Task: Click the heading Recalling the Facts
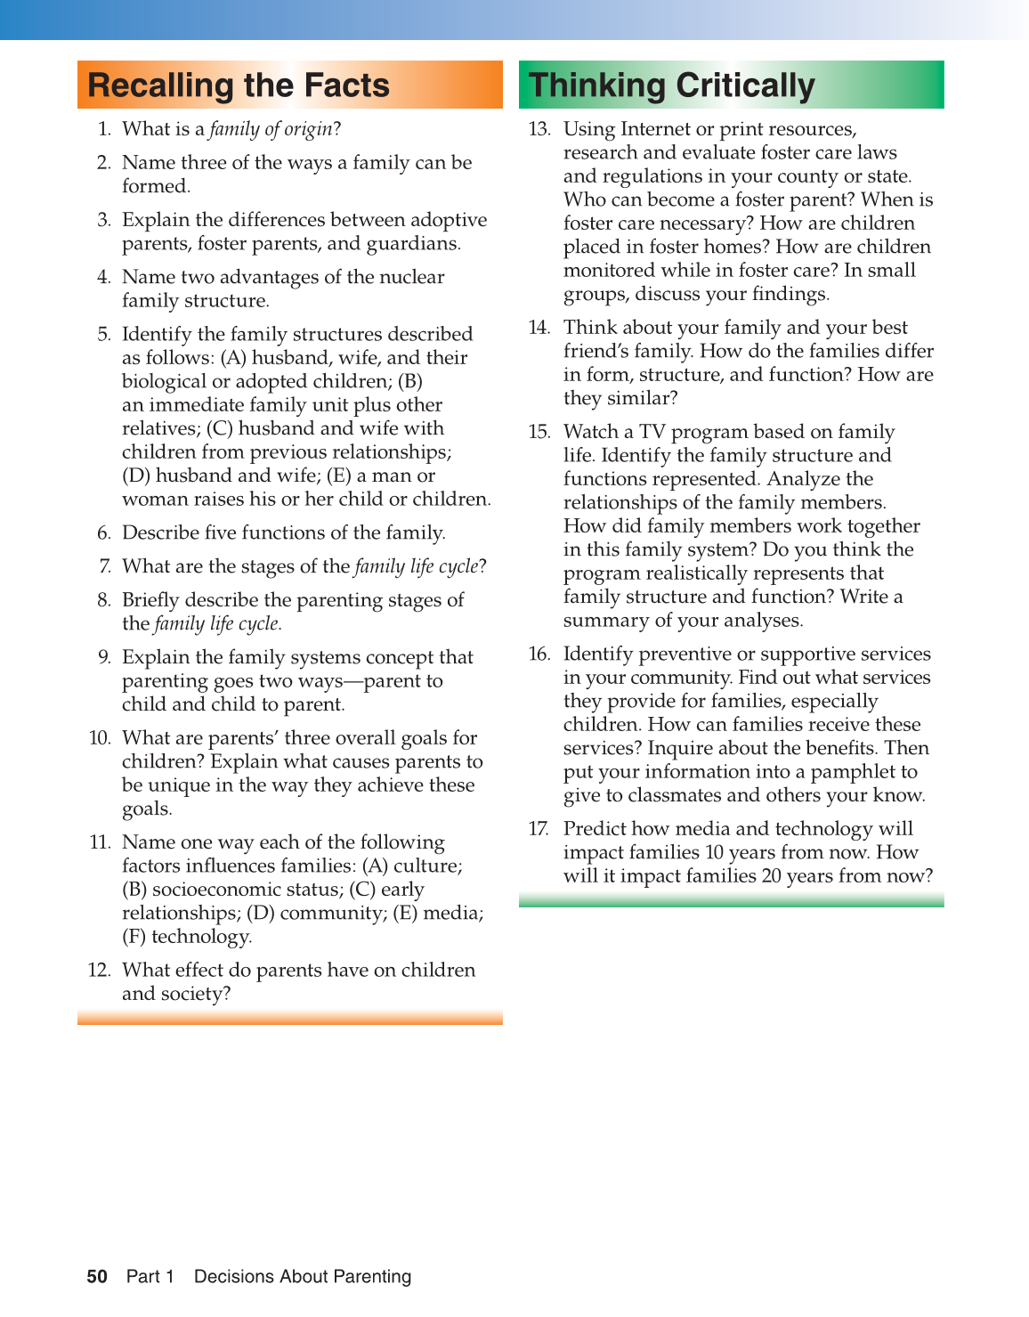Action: coord(239,85)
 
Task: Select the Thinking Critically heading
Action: coord(671,85)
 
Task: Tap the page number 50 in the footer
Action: coord(97,1276)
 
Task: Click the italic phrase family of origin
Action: coord(271,129)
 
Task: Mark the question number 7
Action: coord(104,566)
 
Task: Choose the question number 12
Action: coord(99,970)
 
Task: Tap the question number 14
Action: coord(539,328)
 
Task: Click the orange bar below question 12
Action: coord(289,1017)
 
